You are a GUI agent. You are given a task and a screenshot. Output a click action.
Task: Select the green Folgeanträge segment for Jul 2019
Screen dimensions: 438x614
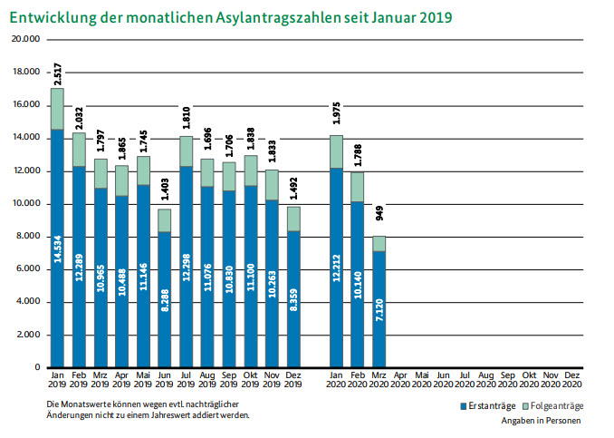click(x=187, y=151)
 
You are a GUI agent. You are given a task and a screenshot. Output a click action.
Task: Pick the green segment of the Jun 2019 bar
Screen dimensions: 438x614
click(x=165, y=220)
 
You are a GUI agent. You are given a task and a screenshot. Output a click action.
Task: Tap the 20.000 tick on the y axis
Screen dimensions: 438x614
click(x=26, y=40)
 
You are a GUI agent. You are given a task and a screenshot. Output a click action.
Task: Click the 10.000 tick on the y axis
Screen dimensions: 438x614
click(x=26, y=204)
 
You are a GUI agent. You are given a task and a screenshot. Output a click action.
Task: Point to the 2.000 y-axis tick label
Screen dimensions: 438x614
click(x=29, y=335)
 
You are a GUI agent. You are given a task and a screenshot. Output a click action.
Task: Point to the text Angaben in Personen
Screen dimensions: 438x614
click(x=541, y=421)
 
